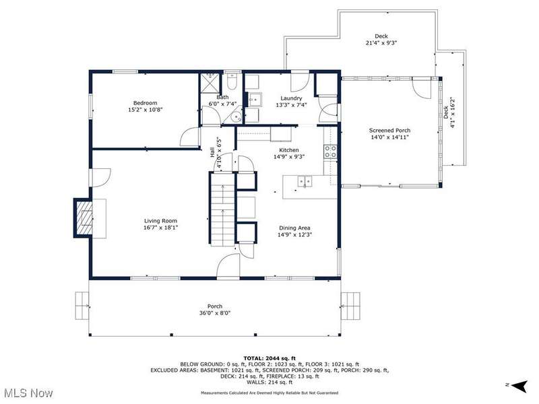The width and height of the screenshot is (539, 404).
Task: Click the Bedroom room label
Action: tap(145, 103)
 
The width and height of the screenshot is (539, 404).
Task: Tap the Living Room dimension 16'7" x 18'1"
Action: tap(160, 228)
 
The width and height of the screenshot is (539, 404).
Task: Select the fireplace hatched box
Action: tap(84, 217)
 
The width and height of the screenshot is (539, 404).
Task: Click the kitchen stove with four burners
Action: tap(330, 151)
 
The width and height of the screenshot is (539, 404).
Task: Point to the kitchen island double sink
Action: tap(305, 181)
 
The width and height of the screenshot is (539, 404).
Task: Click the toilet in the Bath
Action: tap(232, 81)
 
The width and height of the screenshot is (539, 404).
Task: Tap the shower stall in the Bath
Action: tap(210, 82)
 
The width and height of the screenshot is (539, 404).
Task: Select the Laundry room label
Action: tap(291, 98)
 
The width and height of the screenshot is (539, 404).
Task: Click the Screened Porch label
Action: tap(389, 131)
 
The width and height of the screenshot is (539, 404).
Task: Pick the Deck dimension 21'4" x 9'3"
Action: tap(381, 43)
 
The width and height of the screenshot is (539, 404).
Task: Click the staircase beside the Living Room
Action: tap(223, 209)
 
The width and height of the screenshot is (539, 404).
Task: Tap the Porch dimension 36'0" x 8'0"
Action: tap(215, 313)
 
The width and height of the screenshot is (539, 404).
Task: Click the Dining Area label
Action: tap(294, 228)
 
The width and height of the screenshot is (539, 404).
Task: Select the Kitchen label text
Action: tap(289, 150)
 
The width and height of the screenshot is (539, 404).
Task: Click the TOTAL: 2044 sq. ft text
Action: tap(269, 358)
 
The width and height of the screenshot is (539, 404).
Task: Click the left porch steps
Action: tap(82, 306)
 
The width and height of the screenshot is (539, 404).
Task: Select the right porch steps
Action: tap(350, 306)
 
